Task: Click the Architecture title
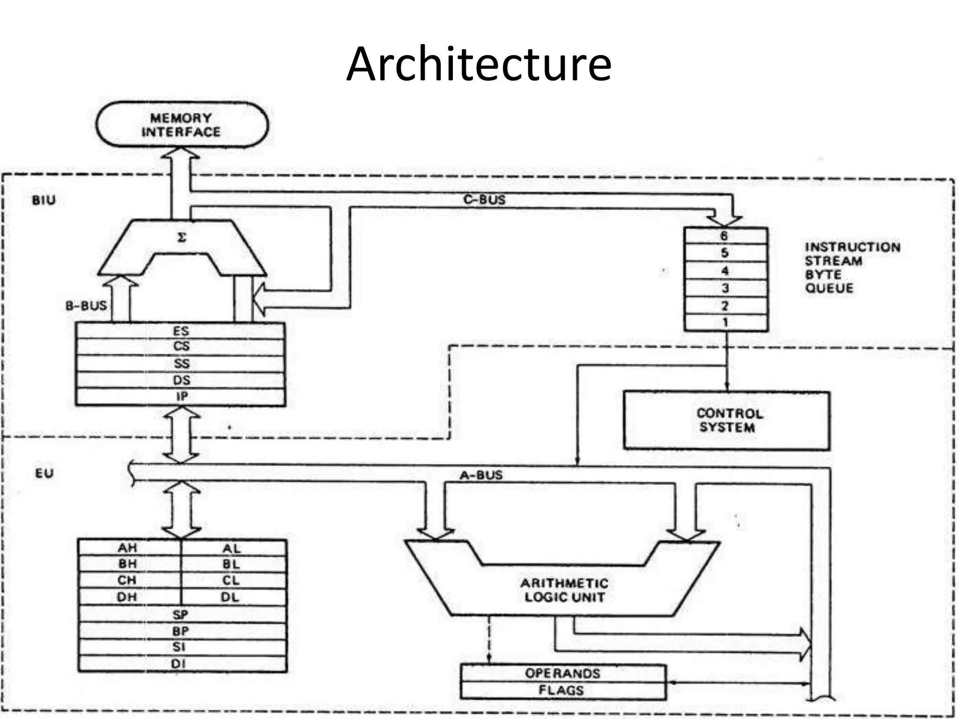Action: pyautogui.click(x=479, y=64)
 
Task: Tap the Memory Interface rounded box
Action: pyautogui.click(x=182, y=125)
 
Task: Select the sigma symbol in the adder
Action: pyautogui.click(x=182, y=238)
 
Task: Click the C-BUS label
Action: pyautogui.click(x=484, y=200)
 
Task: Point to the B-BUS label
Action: pyautogui.click(x=86, y=306)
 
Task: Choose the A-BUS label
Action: pyautogui.click(x=481, y=475)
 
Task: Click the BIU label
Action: pyautogui.click(x=44, y=200)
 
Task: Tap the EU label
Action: pyautogui.click(x=44, y=473)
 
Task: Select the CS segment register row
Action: pyautogui.click(x=181, y=347)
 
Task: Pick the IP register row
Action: pyautogui.click(x=181, y=397)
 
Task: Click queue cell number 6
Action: pyautogui.click(x=725, y=236)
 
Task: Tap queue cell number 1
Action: pyautogui.click(x=725, y=323)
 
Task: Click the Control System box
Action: pyautogui.click(x=726, y=420)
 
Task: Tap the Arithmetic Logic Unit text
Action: pyautogui.click(x=564, y=590)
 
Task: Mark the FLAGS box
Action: pyautogui.click(x=562, y=690)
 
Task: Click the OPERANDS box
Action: pyautogui.click(x=562, y=673)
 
